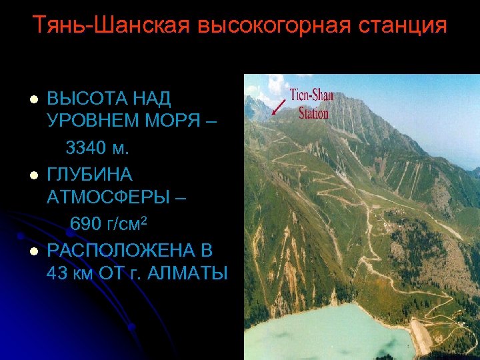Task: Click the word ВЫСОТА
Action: click(82, 99)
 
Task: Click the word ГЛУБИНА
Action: click(90, 175)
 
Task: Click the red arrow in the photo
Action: click(279, 105)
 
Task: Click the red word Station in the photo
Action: click(313, 113)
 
